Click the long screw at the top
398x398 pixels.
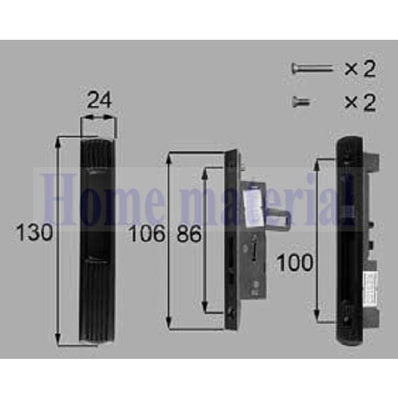pos(310,68)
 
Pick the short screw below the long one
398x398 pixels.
pos(301,101)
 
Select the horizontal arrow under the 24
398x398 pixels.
pos(99,119)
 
